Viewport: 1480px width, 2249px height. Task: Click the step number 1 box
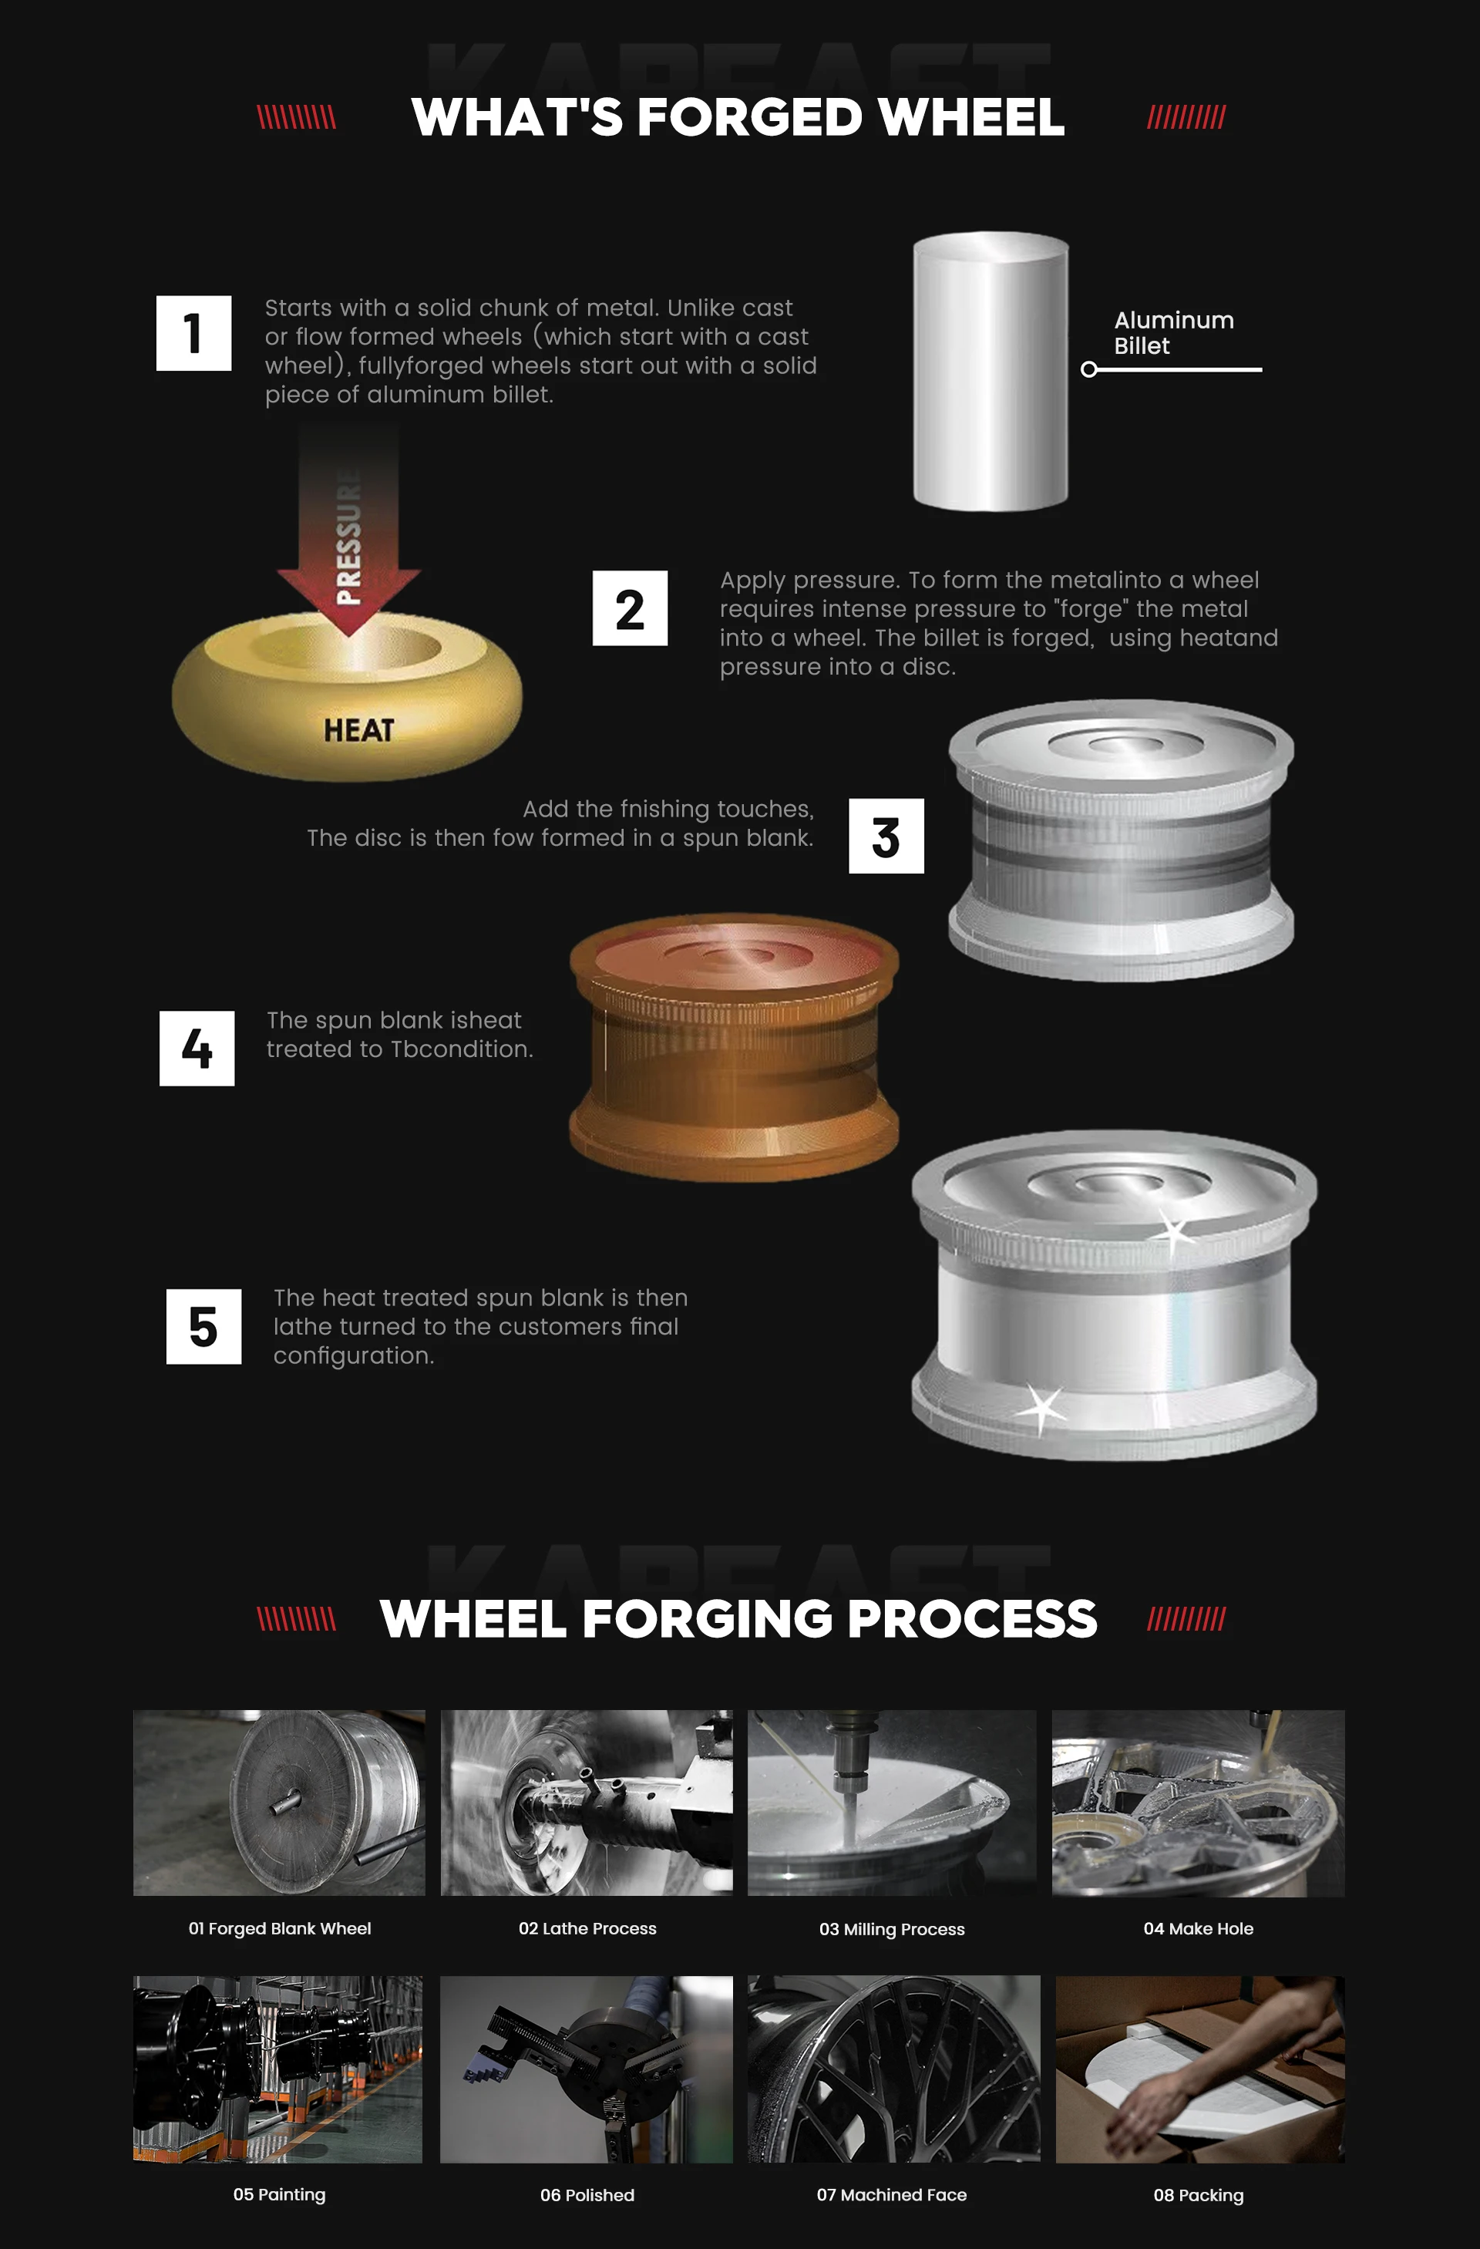193,334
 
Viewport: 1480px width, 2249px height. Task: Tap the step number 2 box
630,608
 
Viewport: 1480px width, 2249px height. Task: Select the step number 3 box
886,837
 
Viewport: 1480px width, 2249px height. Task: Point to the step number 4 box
197,1049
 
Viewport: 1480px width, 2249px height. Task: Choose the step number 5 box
203,1327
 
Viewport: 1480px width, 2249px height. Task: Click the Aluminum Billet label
1174,332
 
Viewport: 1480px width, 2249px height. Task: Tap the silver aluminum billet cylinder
991,372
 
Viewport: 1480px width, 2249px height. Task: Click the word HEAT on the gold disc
359,730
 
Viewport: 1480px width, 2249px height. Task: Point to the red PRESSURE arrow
348,529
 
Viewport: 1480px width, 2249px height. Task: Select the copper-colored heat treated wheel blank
734,1047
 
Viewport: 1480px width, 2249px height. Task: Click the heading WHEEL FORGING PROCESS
738,1619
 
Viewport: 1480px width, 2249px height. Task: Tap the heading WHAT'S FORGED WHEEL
738,117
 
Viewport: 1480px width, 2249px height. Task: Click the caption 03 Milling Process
893,1930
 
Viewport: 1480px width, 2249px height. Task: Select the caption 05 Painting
280,2194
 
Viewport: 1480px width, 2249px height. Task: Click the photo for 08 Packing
1200,2069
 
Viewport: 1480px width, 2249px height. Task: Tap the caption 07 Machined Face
892,2195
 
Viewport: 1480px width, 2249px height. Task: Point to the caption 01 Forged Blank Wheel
280,1929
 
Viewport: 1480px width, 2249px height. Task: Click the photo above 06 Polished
587,2069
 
